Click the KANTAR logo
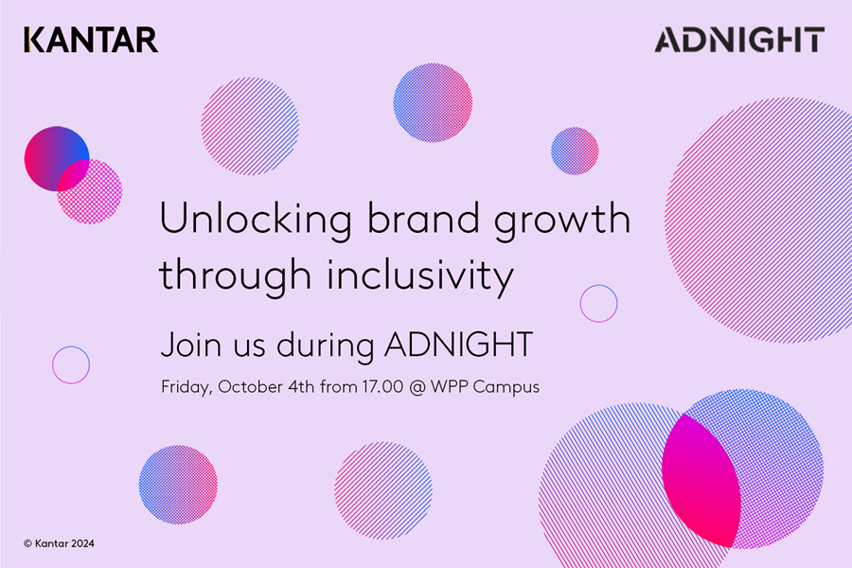[x=91, y=40]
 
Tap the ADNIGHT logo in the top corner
[x=739, y=40]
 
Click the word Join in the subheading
[x=186, y=346]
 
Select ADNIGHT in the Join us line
[x=459, y=346]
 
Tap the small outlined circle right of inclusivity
[x=598, y=303]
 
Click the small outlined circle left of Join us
[x=71, y=364]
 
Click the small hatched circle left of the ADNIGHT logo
[x=575, y=151]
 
